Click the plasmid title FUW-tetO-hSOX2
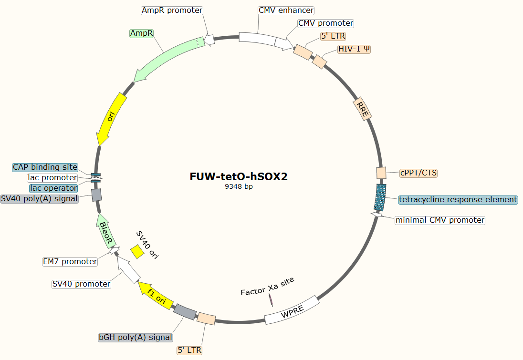[239, 176]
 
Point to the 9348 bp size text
[239, 187]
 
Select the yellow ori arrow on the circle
[111, 119]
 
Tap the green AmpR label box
[142, 33]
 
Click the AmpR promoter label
[172, 10]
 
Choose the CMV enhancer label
[286, 10]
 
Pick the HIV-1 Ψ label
[354, 49]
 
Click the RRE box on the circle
[362, 110]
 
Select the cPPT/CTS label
[418, 173]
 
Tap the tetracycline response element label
[458, 199]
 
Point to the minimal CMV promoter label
[440, 220]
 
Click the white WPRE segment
[292, 310]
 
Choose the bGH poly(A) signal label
[135, 337]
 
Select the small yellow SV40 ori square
[137, 251]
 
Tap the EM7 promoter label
[70, 261]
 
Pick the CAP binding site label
[45, 167]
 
